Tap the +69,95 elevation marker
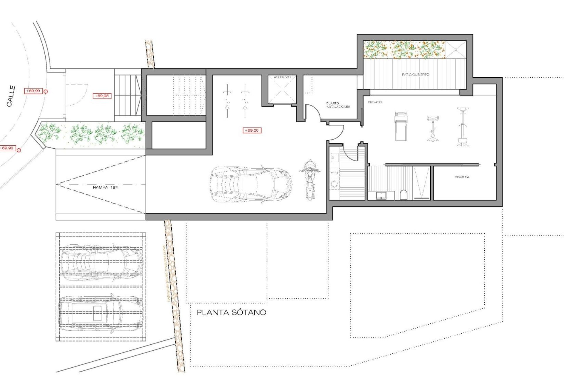(102, 96)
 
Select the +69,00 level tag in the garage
(252, 130)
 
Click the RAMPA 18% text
(105, 187)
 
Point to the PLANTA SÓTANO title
(231, 313)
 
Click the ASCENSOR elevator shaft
(282, 90)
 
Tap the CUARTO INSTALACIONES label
(338, 105)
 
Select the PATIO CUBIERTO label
(415, 75)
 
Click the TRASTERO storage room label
(461, 177)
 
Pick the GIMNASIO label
(375, 102)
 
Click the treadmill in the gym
(401, 126)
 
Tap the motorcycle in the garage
(309, 180)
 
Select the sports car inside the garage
(251, 184)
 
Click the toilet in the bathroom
(404, 194)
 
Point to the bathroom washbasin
(381, 195)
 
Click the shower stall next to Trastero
(422, 183)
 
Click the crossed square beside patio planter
(456, 50)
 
